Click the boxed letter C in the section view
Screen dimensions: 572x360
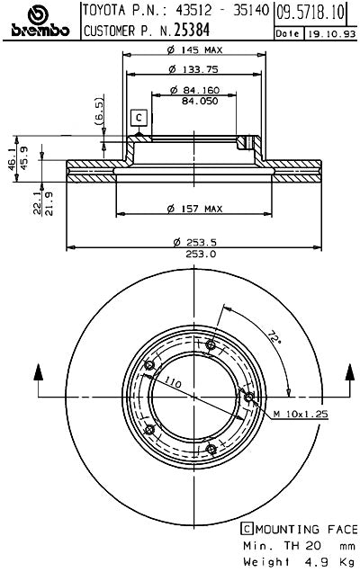click(x=139, y=117)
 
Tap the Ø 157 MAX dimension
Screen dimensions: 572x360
click(x=193, y=210)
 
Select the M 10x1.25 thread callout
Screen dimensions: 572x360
click(x=301, y=414)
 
